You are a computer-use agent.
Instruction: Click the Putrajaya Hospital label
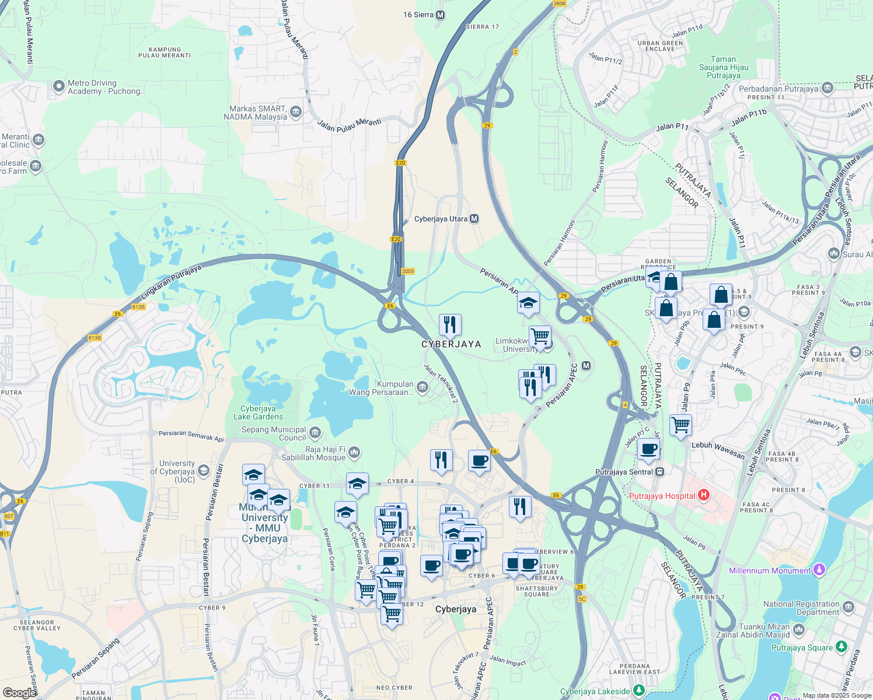click(x=662, y=496)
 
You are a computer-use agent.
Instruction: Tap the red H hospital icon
click(x=703, y=495)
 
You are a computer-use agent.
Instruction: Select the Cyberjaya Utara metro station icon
click(x=474, y=219)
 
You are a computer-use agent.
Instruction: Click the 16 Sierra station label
click(x=418, y=15)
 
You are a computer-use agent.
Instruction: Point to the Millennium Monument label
click(x=770, y=570)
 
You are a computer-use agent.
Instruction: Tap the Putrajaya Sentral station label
click(x=624, y=472)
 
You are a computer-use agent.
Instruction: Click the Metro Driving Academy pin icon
click(x=58, y=87)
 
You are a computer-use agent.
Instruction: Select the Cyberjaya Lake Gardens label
click(x=258, y=412)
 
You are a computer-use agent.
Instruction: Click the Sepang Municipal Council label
click(x=274, y=433)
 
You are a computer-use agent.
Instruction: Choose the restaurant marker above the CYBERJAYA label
click(x=450, y=325)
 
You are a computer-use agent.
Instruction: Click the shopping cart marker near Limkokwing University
click(x=540, y=336)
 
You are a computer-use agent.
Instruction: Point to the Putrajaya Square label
click(x=802, y=647)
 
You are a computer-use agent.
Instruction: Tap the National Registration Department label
click(x=801, y=608)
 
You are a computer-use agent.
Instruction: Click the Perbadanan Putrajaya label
click(x=778, y=89)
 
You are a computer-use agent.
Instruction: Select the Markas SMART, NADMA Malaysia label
click(x=255, y=113)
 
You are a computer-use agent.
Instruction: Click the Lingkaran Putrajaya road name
click(x=170, y=282)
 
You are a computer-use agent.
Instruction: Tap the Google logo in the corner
click(x=19, y=692)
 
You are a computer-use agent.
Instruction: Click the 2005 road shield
click(x=407, y=271)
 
